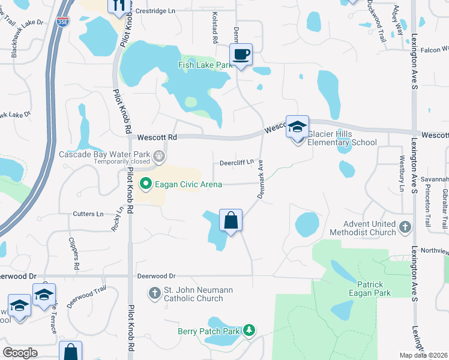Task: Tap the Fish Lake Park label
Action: (x=205, y=65)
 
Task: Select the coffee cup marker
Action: (x=241, y=55)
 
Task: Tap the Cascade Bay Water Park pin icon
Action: (x=159, y=155)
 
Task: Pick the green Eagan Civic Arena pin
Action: (x=144, y=184)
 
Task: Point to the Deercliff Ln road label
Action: (x=237, y=162)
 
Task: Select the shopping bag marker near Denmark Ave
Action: (x=231, y=221)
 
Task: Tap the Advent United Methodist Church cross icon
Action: (x=405, y=227)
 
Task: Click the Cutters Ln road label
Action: (x=88, y=214)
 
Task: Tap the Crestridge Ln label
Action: (x=155, y=11)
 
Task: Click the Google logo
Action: (x=20, y=353)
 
